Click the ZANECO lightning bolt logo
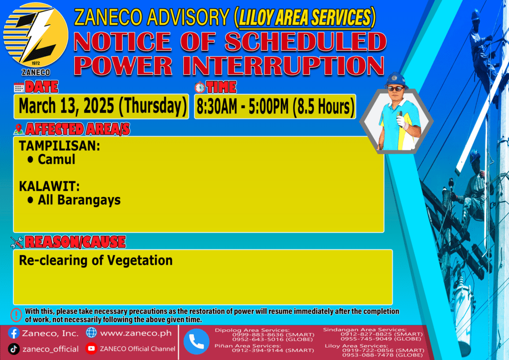(x=36, y=35)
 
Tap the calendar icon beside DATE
(x=19, y=88)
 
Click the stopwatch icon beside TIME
(x=200, y=88)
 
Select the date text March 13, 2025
(x=66, y=106)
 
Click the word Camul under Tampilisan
(x=57, y=160)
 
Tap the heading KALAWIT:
(x=49, y=186)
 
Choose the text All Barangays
(x=79, y=200)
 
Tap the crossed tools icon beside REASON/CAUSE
(x=17, y=242)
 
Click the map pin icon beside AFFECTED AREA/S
(x=18, y=129)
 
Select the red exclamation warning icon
(x=16, y=315)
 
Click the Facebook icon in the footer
(x=13, y=333)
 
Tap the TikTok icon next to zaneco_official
(x=13, y=349)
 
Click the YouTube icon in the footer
(x=91, y=349)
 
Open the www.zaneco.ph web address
(x=136, y=333)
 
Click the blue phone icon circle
(x=196, y=342)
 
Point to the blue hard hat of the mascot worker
(x=395, y=80)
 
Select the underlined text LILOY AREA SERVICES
(x=305, y=17)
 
